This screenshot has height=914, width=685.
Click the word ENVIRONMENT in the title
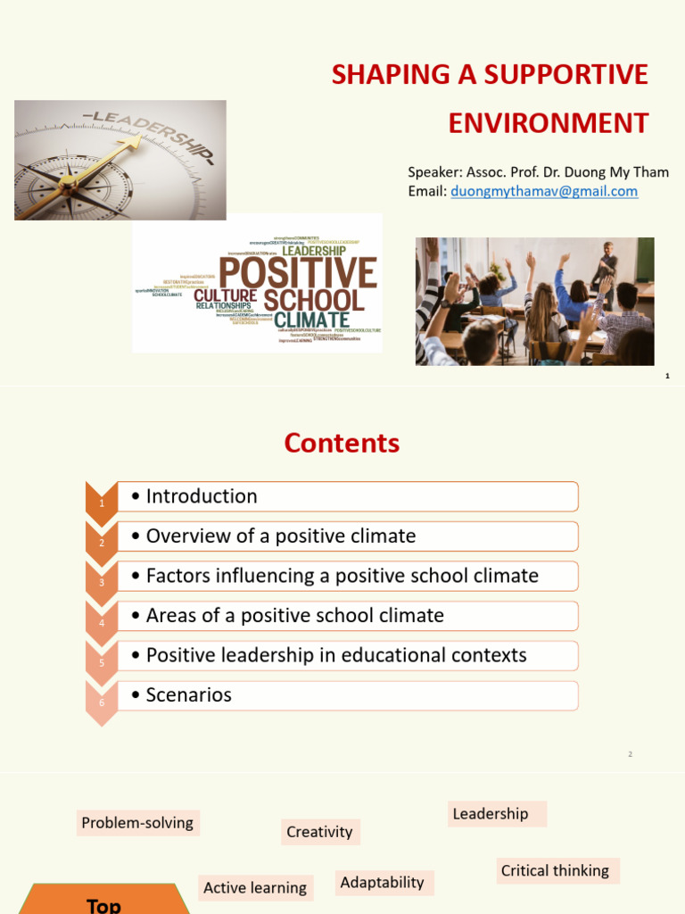(548, 122)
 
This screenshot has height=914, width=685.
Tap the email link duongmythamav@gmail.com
(544, 191)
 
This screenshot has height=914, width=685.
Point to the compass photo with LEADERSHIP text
(120, 160)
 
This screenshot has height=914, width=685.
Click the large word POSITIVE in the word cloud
(298, 273)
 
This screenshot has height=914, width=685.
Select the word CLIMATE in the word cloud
(311, 319)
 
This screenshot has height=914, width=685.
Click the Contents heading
(342, 443)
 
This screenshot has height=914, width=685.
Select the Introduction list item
(202, 496)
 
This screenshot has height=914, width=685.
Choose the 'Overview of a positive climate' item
(281, 536)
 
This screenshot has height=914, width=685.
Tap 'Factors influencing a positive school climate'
(342, 576)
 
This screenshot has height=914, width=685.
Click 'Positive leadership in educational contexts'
(336, 655)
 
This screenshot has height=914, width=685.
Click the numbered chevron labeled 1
(102, 503)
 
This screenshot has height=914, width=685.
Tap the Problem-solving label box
(137, 823)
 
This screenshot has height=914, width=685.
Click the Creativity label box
(319, 832)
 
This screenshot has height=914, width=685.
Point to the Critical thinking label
(555, 870)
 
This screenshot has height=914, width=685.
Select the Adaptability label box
(382, 883)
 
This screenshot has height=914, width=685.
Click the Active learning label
(255, 887)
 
